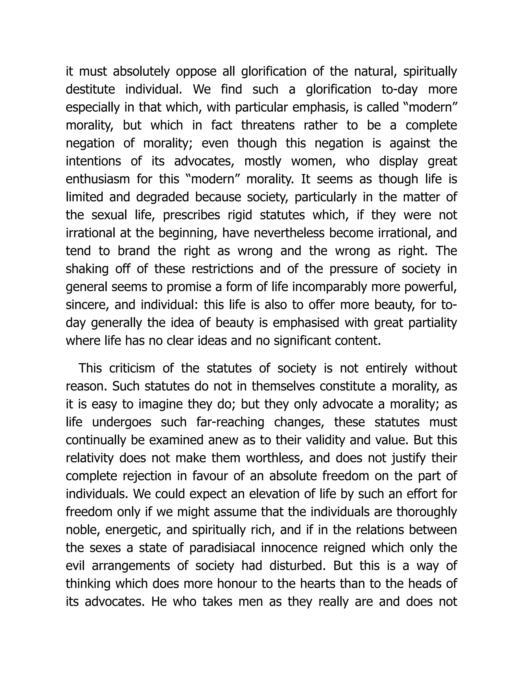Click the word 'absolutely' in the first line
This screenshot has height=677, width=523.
[x=141, y=72]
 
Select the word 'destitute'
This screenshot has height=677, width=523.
[x=90, y=90]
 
